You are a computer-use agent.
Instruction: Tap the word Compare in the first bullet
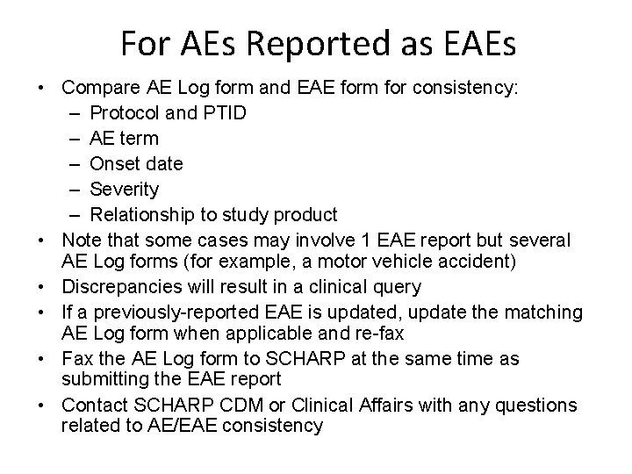97,88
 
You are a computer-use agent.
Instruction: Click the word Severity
125,189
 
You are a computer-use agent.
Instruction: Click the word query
399,286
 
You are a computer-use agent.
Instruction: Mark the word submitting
103,379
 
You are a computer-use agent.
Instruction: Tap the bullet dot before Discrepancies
43,286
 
